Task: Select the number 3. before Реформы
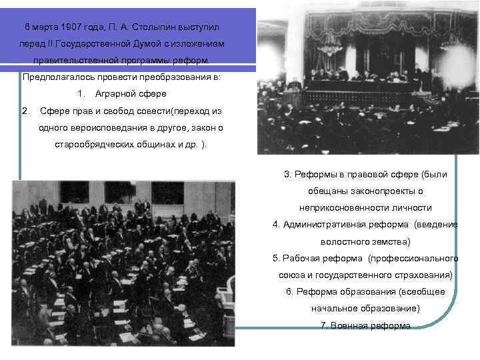(288, 175)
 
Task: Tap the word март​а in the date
(45, 27)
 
